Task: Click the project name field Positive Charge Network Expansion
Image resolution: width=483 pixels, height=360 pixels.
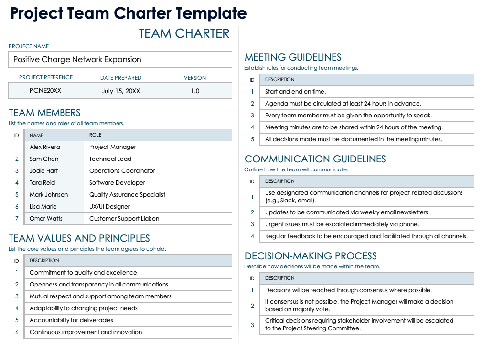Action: pos(77,60)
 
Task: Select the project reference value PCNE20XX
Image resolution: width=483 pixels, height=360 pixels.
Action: pos(45,91)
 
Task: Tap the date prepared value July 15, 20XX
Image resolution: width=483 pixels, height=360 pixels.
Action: pos(121,91)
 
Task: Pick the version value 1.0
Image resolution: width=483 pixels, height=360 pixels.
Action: pos(195,91)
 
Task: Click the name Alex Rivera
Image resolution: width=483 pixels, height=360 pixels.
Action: pos(45,147)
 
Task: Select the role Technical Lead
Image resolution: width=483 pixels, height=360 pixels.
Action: pos(110,159)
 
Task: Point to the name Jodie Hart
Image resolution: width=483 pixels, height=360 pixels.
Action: pos(43,171)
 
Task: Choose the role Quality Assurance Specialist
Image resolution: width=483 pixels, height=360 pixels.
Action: pos(127,195)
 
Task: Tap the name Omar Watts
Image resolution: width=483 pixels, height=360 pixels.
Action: pos(46,219)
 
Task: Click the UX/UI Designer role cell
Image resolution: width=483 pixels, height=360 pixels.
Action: pos(109,207)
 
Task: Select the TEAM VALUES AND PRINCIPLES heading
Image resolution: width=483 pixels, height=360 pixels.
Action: pos(79,238)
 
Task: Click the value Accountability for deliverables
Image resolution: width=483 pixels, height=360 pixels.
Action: pos(71,320)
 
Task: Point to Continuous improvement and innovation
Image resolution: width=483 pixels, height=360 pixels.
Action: pos(86,332)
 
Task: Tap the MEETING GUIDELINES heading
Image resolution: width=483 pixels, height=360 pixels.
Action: pos(293,57)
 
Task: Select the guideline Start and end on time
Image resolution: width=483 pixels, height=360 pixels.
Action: pos(295,92)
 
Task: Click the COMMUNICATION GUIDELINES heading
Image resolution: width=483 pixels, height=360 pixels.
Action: pos(315,159)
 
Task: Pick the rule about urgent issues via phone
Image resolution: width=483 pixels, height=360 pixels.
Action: pos(342,224)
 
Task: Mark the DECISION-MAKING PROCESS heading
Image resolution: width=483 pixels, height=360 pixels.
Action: pos(311,256)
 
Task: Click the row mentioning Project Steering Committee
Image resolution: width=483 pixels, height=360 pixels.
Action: pos(359,325)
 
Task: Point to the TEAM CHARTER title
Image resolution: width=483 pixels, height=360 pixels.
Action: pos(184,33)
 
